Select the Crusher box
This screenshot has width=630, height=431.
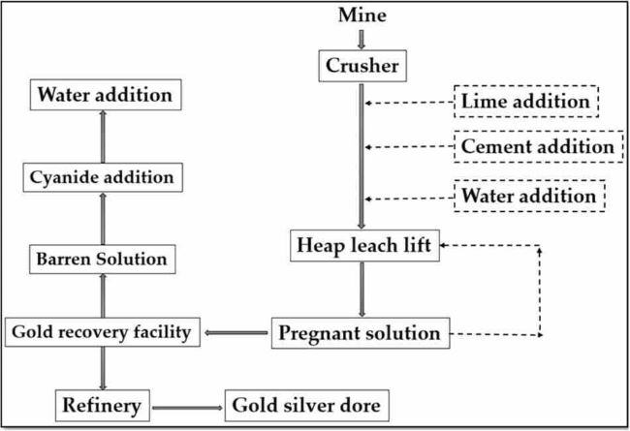(x=362, y=67)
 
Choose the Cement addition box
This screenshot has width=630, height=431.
(x=537, y=147)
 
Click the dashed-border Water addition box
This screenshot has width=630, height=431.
(x=529, y=196)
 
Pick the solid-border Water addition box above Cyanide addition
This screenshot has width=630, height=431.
(x=104, y=95)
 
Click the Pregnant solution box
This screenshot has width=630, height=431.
(x=360, y=333)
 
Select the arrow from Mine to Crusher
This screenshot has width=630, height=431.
(x=362, y=38)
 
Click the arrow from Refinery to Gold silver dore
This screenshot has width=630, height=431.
(x=187, y=404)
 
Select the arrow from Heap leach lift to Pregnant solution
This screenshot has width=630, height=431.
(x=362, y=289)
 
